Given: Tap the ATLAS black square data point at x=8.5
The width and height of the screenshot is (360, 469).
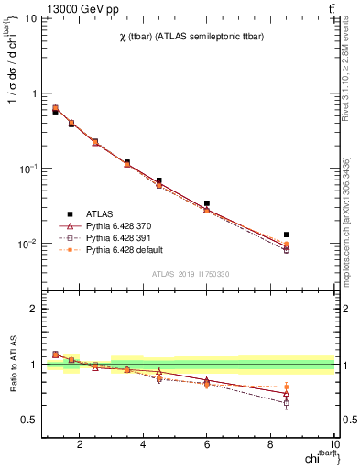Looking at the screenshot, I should point(287,235).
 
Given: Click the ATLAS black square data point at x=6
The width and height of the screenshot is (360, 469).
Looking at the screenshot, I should point(207,203).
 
